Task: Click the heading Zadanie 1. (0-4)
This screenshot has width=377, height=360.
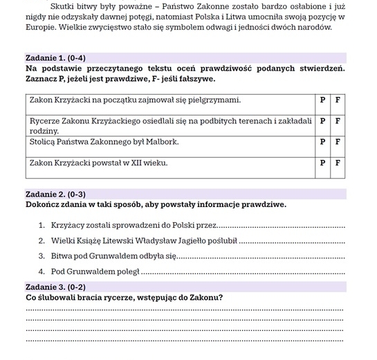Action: [x=55, y=58]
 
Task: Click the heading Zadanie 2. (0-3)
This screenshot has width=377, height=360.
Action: [x=55, y=195]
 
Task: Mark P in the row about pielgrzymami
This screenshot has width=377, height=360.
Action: [x=322, y=100]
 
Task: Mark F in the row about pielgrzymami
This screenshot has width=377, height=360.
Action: [x=338, y=100]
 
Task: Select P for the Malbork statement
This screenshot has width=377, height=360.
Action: [x=322, y=142]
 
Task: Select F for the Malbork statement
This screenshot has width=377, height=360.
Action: [x=338, y=142]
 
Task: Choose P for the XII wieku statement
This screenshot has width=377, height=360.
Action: [x=322, y=163]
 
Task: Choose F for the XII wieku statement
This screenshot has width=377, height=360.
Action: [x=338, y=163]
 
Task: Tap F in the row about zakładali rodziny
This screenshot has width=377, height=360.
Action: [x=338, y=121]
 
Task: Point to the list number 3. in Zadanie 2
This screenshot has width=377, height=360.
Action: [x=42, y=256]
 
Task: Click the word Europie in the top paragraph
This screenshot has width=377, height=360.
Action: [x=42, y=28]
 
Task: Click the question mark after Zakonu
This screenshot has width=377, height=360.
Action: [x=221, y=298]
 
